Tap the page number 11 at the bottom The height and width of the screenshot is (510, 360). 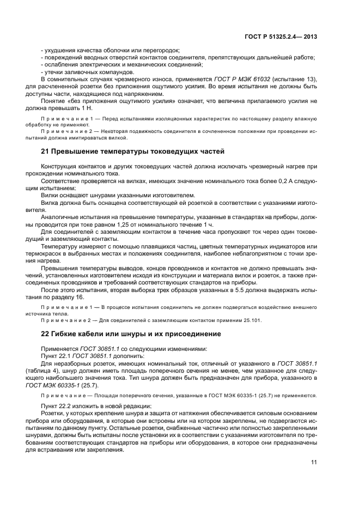coord(314,462)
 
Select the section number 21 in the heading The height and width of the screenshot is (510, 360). coord(46,151)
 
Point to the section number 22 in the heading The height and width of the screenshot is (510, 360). coord(46,333)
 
